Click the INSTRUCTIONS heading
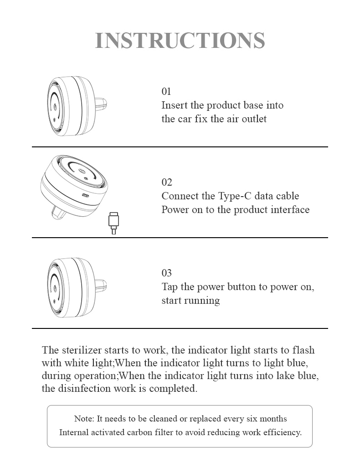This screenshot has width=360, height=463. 180,40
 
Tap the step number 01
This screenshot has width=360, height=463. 166,92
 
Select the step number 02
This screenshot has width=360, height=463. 167,182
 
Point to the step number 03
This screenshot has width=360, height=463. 167,273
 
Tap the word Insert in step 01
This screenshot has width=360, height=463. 175,105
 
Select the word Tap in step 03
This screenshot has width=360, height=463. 170,287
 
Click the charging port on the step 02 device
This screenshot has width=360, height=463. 86,195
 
